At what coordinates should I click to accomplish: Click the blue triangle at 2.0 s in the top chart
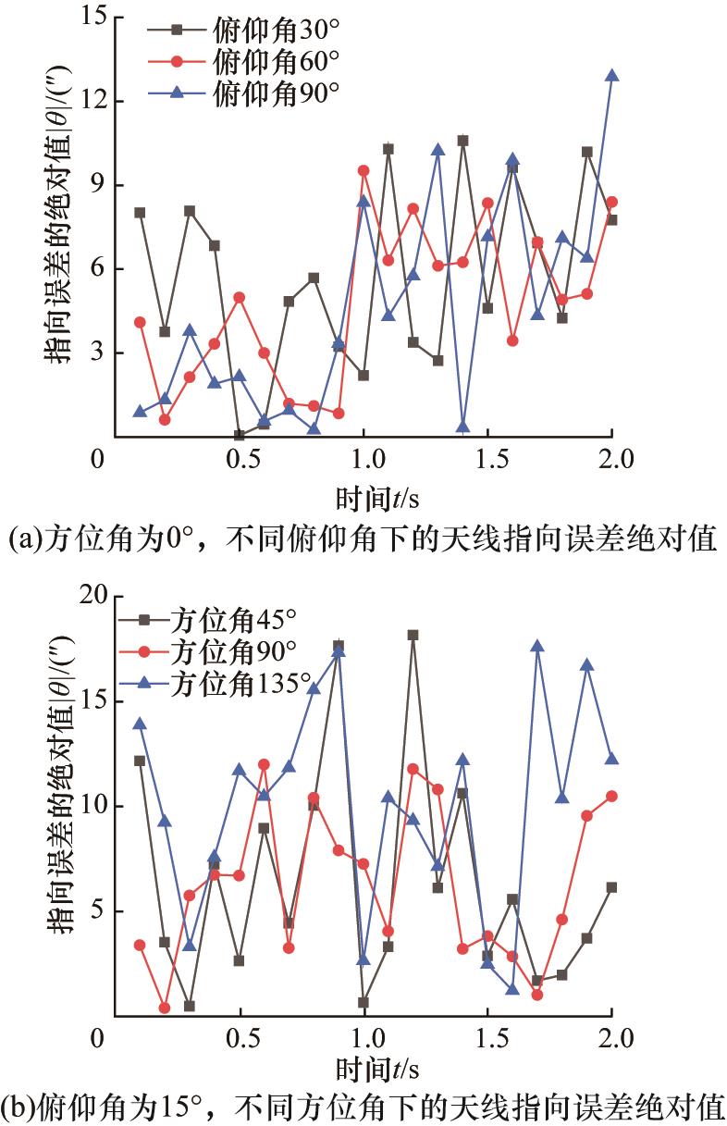(x=611, y=76)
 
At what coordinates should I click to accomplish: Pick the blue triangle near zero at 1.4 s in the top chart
(x=462, y=427)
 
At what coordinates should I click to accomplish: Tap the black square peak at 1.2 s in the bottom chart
(x=413, y=635)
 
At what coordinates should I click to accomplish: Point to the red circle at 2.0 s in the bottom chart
(x=611, y=796)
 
